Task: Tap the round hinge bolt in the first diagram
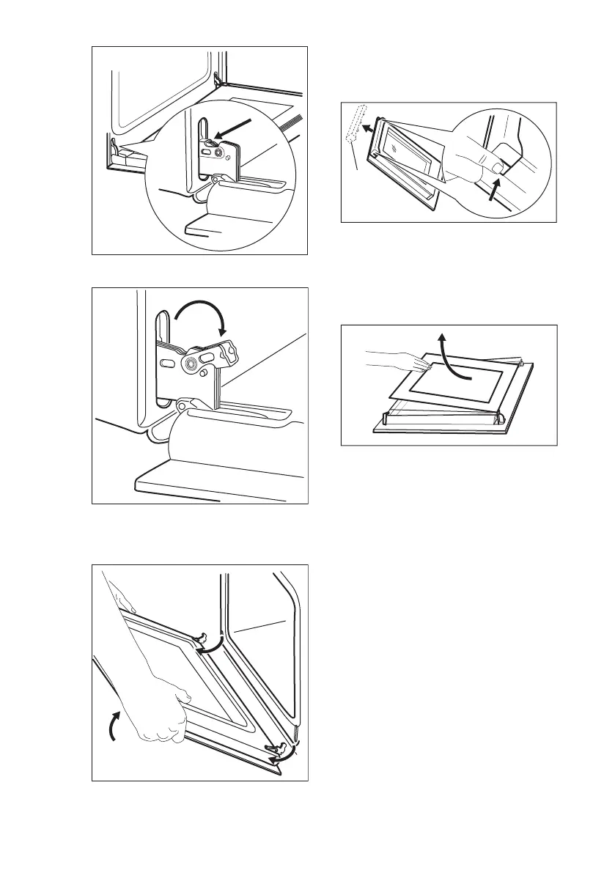click(x=218, y=152)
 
